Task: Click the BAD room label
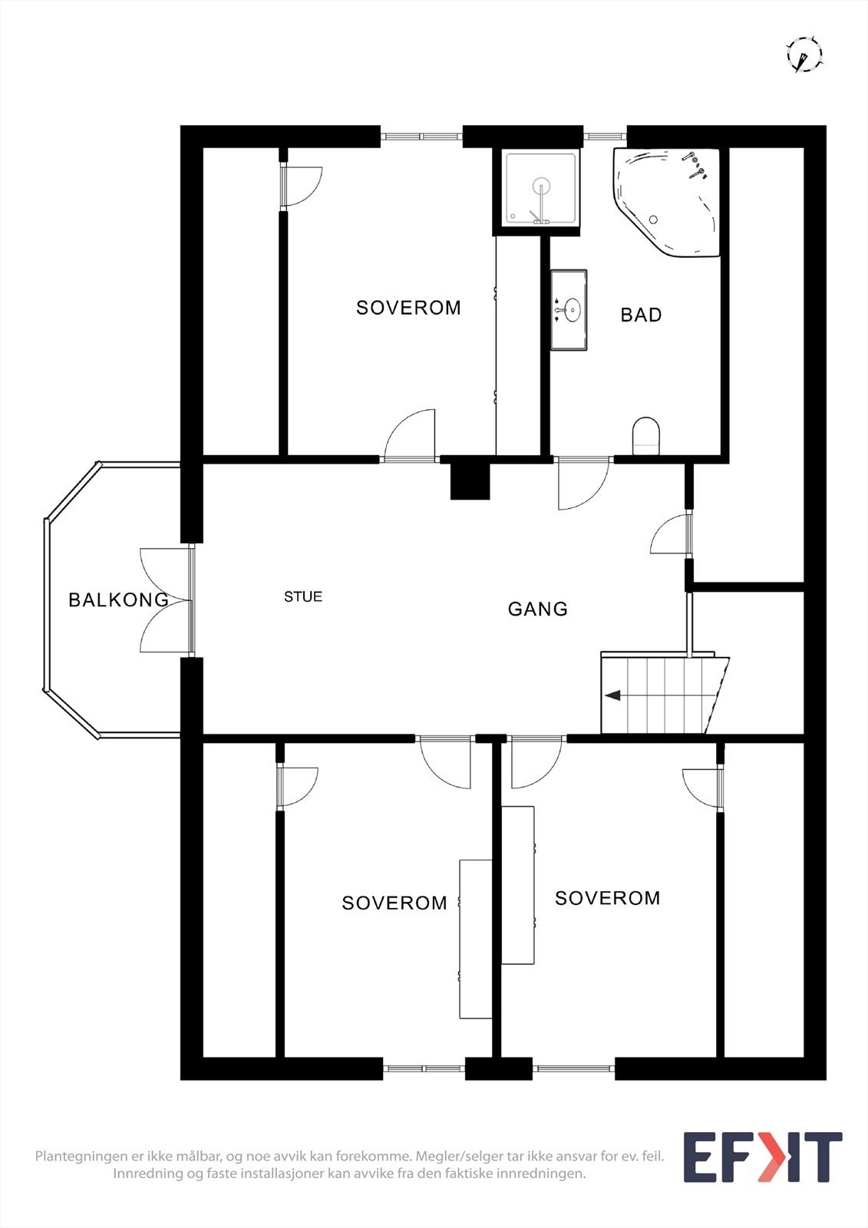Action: point(641,315)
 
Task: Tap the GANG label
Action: point(537,609)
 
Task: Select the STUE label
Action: point(303,596)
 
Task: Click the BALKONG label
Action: point(118,599)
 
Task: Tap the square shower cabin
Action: point(540,190)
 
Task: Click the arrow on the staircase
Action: point(613,695)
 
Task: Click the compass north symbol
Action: point(804,55)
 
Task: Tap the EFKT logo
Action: point(762,1157)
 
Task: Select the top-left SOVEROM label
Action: point(408,308)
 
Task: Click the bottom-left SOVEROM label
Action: point(394,903)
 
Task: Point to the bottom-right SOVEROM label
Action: point(607,898)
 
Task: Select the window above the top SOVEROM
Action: point(421,137)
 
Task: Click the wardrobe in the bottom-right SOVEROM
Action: point(517,884)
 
